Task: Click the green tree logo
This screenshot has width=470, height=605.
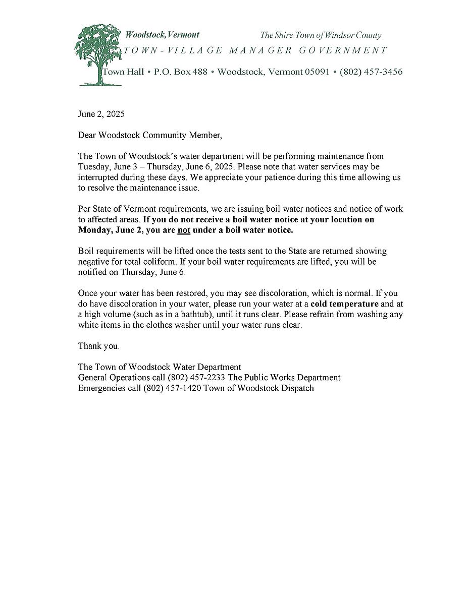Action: [97, 54]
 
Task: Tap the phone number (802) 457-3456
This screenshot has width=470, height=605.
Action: [371, 72]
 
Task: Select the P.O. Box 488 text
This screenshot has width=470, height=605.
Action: [180, 72]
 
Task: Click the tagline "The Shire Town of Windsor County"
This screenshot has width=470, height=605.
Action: [320, 35]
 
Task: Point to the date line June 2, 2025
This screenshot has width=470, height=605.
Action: [101, 114]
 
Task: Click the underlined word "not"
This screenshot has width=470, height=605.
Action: [183, 230]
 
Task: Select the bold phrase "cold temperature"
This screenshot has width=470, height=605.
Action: [344, 304]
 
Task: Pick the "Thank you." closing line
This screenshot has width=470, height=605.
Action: [99, 346]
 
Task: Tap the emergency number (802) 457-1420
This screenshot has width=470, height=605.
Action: [172, 388]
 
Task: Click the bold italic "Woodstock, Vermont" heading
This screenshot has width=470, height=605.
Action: [162, 35]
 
